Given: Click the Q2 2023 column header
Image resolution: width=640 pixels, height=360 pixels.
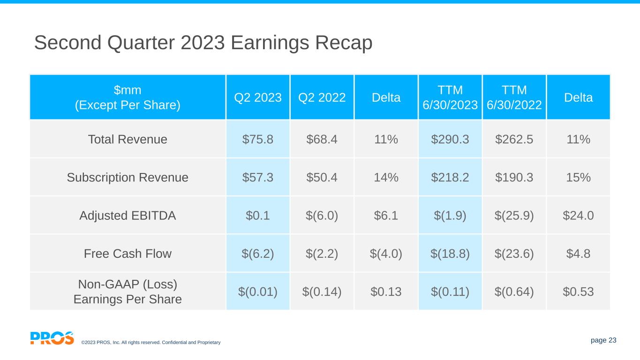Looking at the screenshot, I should click(258, 97).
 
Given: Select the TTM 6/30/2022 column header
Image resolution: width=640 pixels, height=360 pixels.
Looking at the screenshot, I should click(514, 97).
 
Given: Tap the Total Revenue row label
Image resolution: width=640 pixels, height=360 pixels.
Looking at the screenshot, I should click(128, 139).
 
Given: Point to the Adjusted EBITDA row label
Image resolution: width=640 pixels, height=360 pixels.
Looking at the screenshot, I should click(128, 216).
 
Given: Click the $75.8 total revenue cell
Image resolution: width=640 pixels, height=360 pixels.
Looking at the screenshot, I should click(258, 139).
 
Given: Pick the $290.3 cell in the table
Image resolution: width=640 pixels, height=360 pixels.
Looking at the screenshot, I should click(450, 139).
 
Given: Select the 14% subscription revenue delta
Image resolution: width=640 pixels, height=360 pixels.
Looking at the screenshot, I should click(386, 178).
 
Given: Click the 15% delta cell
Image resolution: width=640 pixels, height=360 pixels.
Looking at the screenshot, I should click(578, 178).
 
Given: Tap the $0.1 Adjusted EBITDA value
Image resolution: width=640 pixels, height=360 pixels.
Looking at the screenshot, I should click(258, 216).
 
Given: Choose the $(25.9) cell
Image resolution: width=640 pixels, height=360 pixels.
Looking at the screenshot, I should click(514, 216).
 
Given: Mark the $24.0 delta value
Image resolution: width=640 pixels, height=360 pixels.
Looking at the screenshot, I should click(578, 216).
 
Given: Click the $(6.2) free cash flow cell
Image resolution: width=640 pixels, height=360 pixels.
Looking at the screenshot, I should click(258, 254).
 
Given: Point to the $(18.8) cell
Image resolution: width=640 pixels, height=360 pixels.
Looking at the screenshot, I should click(450, 254).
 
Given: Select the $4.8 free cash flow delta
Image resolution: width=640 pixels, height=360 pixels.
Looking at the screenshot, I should click(578, 254).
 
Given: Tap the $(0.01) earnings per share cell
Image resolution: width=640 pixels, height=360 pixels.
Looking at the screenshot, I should click(258, 292).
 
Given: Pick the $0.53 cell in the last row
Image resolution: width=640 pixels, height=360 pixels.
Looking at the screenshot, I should click(578, 292).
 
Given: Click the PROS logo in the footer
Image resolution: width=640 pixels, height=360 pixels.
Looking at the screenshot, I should click(52, 338).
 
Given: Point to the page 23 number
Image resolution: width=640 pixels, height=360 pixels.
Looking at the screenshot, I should click(603, 340).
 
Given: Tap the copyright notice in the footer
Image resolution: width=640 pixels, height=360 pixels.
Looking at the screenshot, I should click(151, 343).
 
